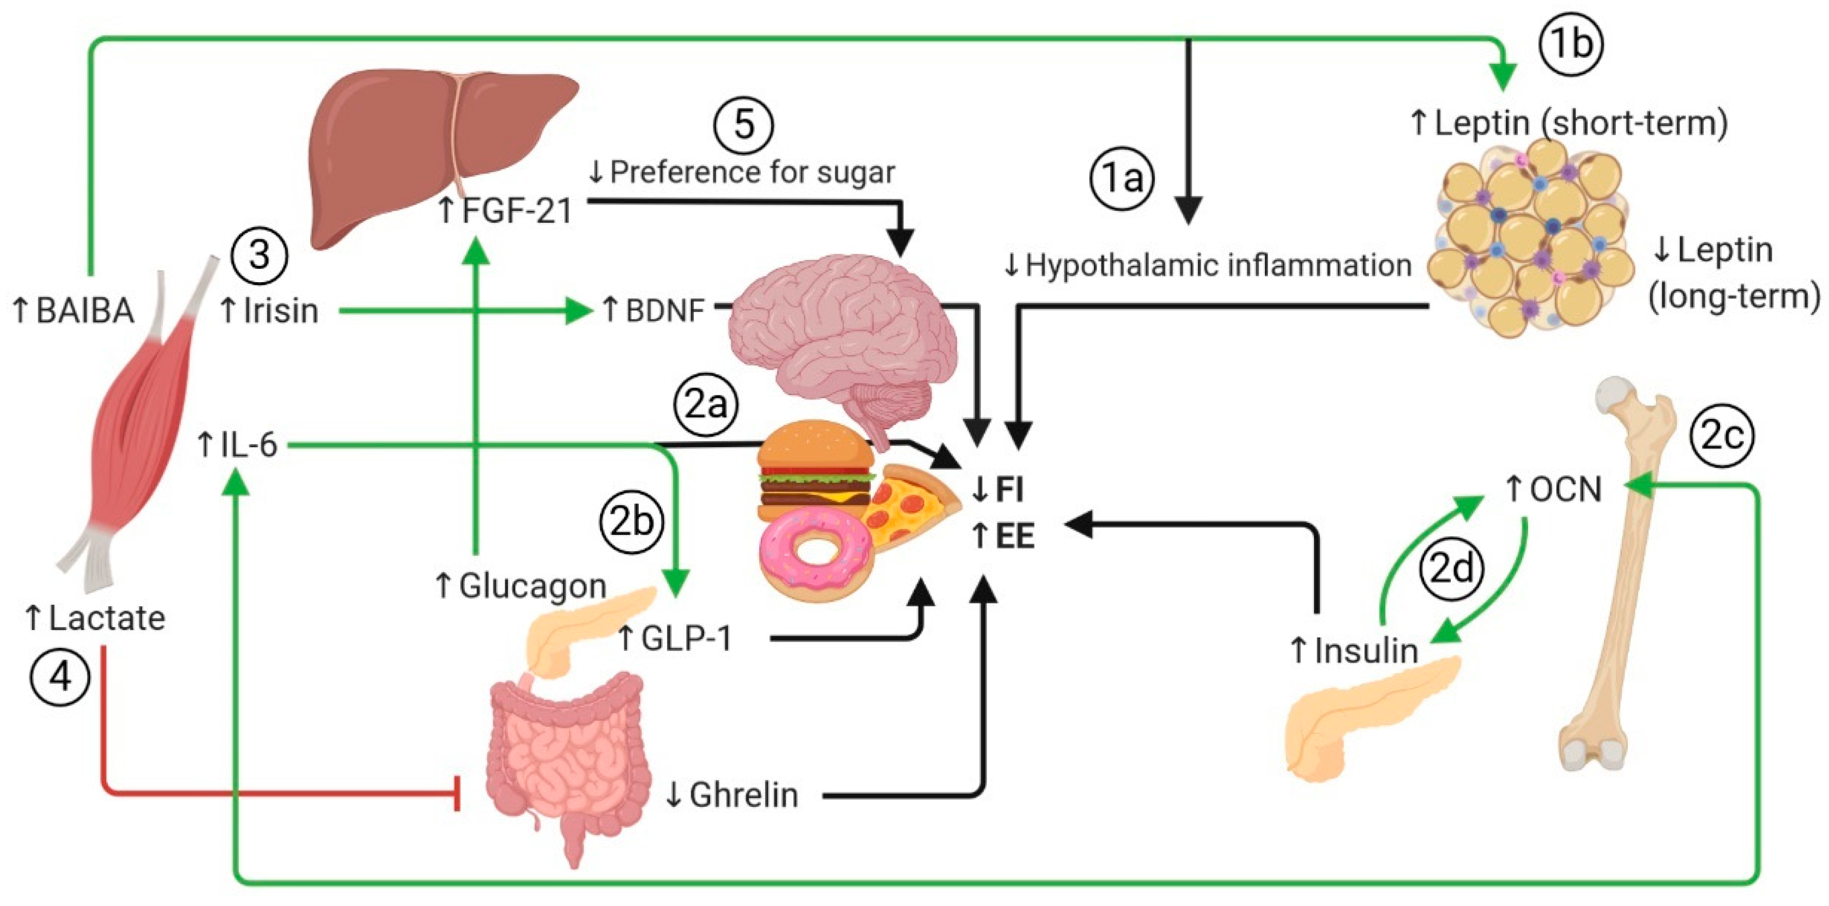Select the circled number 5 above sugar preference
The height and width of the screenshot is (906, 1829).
[743, 125]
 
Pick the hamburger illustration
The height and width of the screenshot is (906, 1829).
[815, 469]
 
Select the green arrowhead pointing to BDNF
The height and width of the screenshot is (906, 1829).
[579, 311]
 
